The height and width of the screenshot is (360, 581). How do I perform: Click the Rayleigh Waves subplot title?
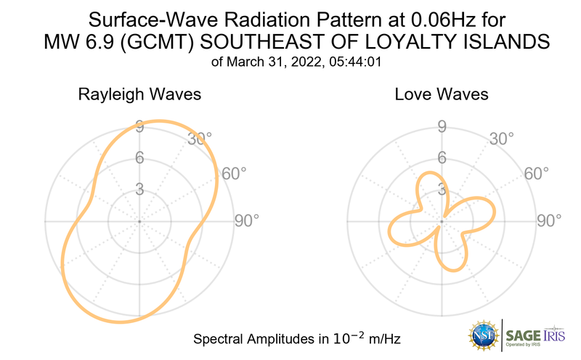139,94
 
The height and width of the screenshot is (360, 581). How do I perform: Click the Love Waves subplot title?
441,94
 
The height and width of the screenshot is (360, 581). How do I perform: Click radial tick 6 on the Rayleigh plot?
139,157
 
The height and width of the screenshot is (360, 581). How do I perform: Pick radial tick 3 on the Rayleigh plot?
139,189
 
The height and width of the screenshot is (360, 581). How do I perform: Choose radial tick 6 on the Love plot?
441,157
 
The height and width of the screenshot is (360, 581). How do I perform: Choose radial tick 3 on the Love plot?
441,189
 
